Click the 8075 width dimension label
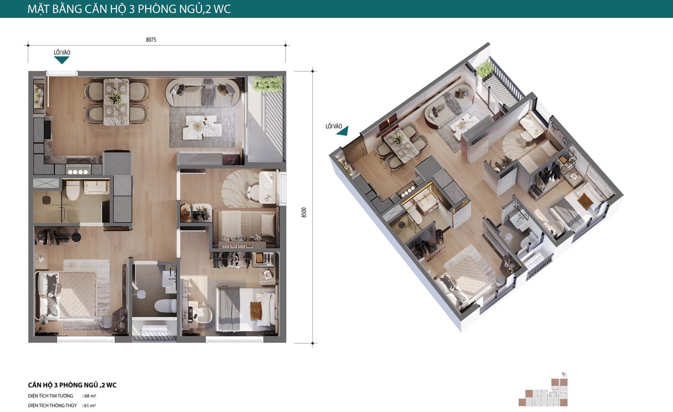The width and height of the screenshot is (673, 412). tap(151, 40)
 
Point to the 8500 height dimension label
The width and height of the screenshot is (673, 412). tap(304, 213)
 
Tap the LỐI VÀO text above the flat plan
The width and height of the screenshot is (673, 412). tap(62, 53)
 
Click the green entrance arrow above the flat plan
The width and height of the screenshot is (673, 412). tap(62, 60)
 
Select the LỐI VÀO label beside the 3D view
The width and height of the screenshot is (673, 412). tap(334, 126)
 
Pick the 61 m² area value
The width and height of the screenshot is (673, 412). tap(90, 406)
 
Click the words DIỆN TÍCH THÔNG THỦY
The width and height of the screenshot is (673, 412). tap(52, 406)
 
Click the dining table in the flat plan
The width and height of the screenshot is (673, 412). tap(116, 102)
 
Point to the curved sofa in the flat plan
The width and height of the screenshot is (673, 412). tap(203, 92)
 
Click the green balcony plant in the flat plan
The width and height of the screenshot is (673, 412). tap(267, 84)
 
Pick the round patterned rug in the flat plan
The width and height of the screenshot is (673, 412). tap(240, 188)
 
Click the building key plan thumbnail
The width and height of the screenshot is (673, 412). tap(543, 391)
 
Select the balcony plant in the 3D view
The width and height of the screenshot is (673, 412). tap(484, 69)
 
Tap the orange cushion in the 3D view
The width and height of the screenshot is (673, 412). tap(585, 201)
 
